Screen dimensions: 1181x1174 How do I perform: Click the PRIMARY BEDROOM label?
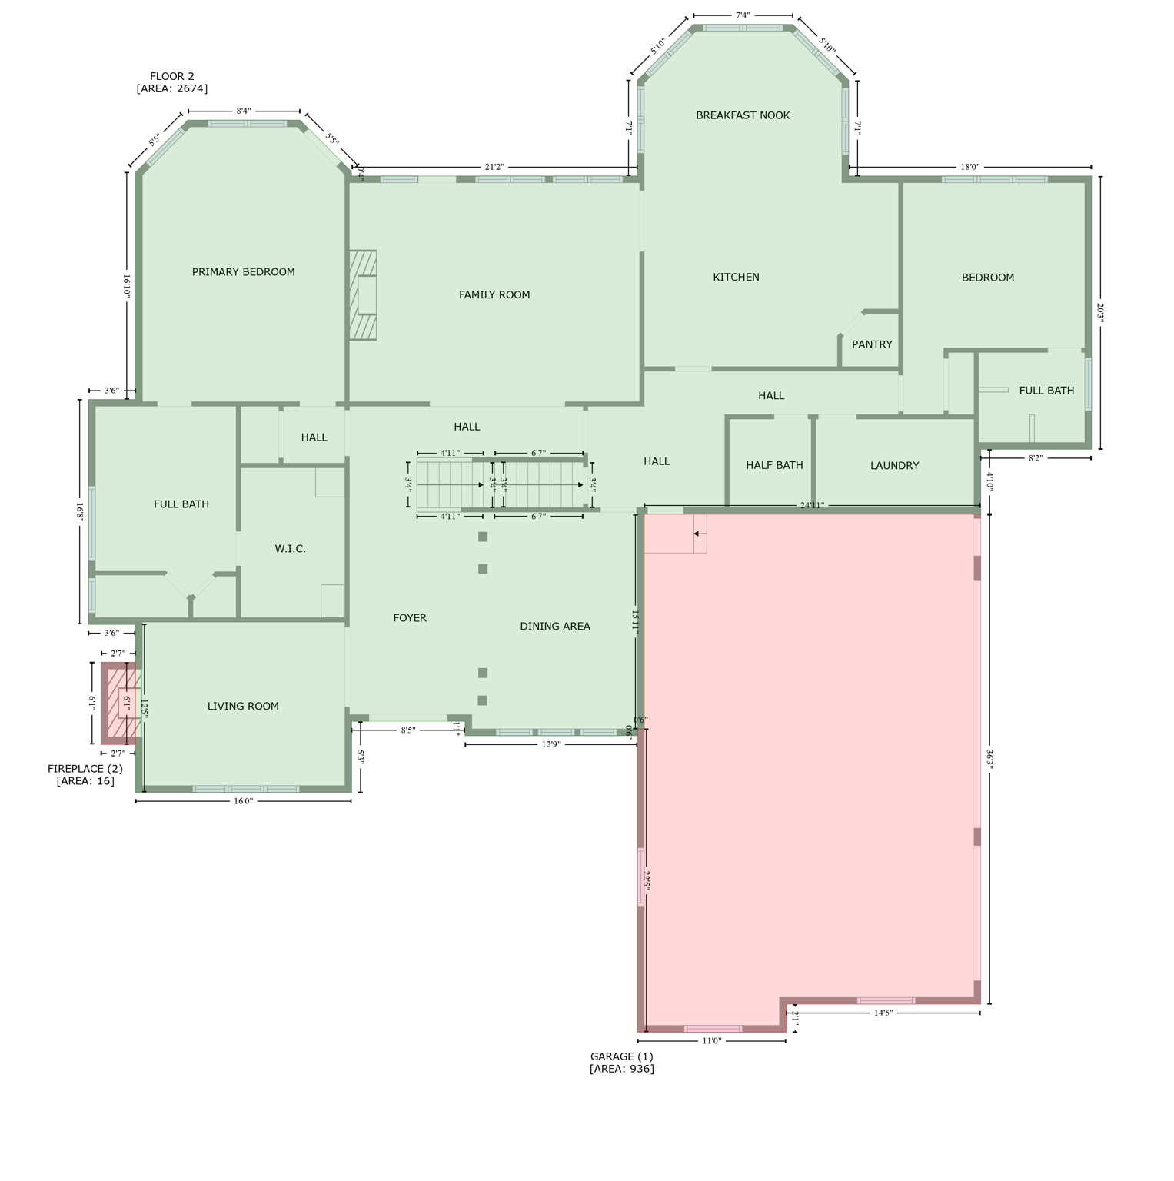243,272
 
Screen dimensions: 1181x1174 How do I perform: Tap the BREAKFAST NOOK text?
743,115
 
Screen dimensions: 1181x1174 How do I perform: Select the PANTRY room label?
872,344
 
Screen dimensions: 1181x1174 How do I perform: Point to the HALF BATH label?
774,465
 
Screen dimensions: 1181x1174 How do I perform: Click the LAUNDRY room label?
894,465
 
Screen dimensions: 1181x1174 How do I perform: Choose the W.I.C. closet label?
290,549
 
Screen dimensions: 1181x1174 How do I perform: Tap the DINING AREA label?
554,627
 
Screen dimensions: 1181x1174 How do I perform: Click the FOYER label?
409,618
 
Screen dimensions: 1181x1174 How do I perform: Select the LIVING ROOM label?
243,706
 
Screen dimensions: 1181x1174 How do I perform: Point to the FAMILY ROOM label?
494,294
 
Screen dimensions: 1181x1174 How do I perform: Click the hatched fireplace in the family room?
363,295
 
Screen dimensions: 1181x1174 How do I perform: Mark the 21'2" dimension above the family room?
494,167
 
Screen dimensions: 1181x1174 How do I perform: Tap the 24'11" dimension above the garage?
812,505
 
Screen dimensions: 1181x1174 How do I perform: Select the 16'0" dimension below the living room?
243,801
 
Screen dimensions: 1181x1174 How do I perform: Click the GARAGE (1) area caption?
621,1063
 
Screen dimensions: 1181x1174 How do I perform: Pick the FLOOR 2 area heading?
171,82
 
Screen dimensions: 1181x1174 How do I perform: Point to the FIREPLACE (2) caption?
85,774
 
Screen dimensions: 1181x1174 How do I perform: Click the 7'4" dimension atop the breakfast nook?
743,15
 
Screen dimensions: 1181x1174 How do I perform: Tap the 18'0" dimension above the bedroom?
969,167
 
